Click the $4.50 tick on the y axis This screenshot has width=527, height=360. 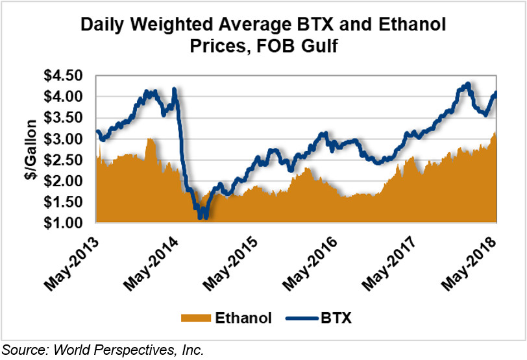click(x=64, y=76)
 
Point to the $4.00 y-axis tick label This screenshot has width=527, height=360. click(x=64, y=97)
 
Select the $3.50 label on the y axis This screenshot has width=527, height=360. click(x=64, y=118)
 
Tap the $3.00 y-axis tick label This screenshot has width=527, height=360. click(x=64, y=139)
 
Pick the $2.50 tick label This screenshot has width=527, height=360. click(x=64, y=160)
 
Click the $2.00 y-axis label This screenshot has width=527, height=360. click(x=64, y=181)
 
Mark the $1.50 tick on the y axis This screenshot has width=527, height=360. click(x=64, y=202)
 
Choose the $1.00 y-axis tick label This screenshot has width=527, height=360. click(x=64, y=223)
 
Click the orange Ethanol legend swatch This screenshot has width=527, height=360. click(x=195, y=318)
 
